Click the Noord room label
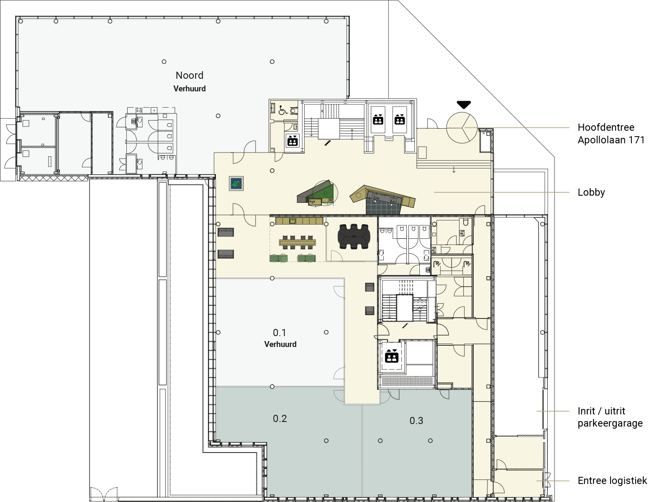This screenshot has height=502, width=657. [190, 75]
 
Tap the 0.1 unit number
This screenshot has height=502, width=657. [280, 333]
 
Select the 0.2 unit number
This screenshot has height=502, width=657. [280, 418]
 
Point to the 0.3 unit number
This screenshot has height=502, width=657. [416, 420]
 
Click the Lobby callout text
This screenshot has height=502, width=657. [591, 192]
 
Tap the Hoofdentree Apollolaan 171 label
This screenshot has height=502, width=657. [611, 134]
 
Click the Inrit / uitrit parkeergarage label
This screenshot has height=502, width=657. [610, 417]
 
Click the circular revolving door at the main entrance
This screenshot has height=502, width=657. [462, 128]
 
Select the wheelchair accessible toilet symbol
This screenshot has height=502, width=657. [283, 110]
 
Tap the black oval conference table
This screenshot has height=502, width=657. [354, 236]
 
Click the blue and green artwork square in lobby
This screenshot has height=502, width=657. [236, 184]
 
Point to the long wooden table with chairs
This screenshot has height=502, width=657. [297, 242]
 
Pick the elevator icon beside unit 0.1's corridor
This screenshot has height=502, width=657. [392, 356]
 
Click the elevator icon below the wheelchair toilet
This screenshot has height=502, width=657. [293, 140]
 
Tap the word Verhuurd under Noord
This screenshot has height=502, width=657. [190, 89]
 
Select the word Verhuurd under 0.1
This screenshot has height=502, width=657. [280, 344]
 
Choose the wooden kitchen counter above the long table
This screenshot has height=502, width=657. [299, 221]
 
